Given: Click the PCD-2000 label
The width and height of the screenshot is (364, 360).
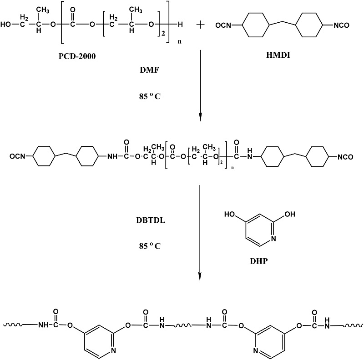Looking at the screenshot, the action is [77, 56].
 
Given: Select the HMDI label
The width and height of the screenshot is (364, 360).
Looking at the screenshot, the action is [278, 55].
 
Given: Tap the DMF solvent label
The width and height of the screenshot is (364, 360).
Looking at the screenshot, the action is [150, 70].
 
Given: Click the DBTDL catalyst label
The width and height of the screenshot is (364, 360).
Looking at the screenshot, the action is [151, 220].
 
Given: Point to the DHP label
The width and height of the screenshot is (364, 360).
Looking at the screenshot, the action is [258, 261].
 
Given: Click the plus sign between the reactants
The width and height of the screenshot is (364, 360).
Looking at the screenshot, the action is [200, 25].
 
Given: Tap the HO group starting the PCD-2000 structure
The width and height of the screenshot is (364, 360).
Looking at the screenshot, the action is [6, 25].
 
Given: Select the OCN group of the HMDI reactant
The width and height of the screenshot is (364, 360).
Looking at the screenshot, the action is [223, 25].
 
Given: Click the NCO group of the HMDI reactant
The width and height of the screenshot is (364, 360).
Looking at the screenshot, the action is [341, 25].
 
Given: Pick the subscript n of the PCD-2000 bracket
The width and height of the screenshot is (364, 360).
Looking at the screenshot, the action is [179, 42].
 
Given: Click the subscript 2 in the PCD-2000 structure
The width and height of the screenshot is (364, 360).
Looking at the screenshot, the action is [163, 34].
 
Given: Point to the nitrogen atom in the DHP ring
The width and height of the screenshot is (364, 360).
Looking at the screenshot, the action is [273, 238].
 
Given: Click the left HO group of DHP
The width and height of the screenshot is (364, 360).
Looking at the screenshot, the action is [230, 214].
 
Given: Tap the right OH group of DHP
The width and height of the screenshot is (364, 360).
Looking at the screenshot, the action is [290, 214].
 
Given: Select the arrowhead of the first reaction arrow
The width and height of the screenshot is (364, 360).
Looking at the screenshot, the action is [200, 117].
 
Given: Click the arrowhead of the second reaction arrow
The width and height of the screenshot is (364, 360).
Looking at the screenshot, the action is [200, 276].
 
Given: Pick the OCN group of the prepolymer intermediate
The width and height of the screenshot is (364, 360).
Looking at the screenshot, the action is [17, 156].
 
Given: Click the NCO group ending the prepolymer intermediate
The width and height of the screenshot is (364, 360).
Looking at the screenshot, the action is [345, 157].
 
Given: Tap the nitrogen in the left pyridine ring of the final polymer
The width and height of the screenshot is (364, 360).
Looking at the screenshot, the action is [113, 350].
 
